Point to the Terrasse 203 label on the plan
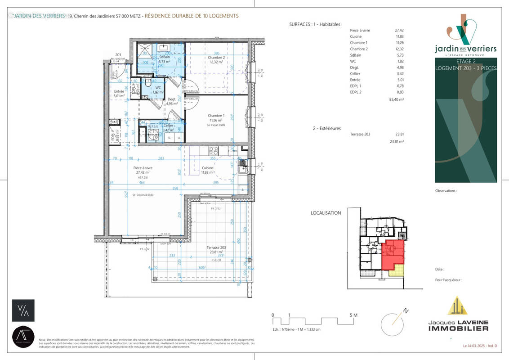[215, 248]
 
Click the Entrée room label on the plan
[119, 91]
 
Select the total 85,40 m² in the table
[397, 100]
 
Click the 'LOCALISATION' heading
[326, 213]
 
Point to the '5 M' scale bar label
[353, 315]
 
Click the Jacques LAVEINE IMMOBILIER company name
[457, 326]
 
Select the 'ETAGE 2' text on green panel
[466, 62]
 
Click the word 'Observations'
[446, 191]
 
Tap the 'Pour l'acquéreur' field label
[448, 280]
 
